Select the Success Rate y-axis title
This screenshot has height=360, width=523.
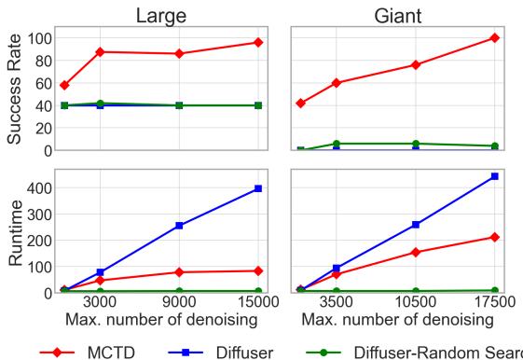coord(16,90)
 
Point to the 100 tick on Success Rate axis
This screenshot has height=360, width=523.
coord(36,38)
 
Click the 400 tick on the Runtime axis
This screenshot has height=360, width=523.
coord(36,188)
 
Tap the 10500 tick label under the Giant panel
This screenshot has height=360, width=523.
coord(416,304)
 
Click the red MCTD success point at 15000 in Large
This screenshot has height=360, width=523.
coord(257,43)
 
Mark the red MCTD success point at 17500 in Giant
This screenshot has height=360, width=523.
coord(495,38)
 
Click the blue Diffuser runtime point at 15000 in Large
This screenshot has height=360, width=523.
coord(257,189)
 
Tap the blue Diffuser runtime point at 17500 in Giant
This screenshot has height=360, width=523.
coord(495,176)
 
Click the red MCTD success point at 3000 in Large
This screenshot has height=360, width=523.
coord(100,52)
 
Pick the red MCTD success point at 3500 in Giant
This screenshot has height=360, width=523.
coord(336,83)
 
